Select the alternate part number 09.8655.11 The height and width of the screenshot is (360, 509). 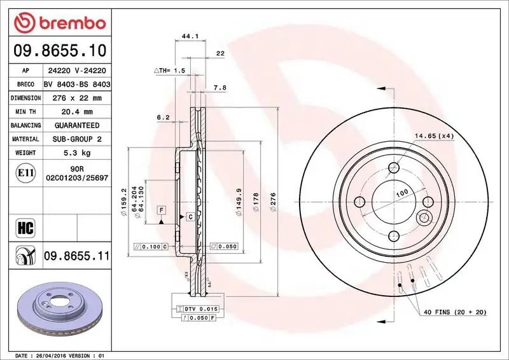(76, 256)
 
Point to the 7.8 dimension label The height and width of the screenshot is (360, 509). (220, 87)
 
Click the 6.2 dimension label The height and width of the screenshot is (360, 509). (162, 117)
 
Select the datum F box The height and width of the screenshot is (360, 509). (162, 210)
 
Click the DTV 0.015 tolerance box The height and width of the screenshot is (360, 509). (201, 308)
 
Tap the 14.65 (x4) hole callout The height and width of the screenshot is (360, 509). (435, 136)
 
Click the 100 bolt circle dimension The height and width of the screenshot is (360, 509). (402, 191)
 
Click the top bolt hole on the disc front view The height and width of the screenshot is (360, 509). (394, 169)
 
